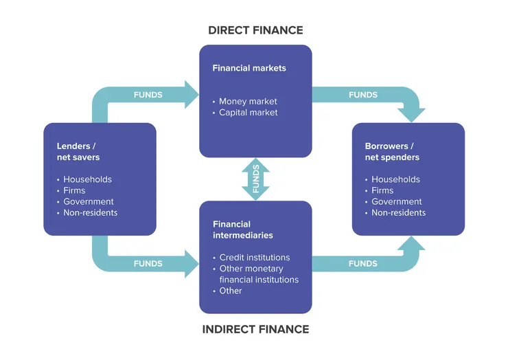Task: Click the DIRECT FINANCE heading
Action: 255,30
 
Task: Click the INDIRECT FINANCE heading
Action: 255,329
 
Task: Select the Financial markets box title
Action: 249,69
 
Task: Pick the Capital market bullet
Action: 248,113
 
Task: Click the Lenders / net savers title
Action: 78,152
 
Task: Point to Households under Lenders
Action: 87,180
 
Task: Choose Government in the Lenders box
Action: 89,202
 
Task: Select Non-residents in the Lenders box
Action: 90,213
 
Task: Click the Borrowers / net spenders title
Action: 392,152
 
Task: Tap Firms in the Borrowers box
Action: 382,191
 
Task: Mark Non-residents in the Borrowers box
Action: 398,213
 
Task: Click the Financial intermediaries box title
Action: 242,229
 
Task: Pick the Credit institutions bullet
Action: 254,258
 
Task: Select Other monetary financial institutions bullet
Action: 257,274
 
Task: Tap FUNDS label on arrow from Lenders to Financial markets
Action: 148,95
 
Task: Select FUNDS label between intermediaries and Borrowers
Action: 362,264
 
